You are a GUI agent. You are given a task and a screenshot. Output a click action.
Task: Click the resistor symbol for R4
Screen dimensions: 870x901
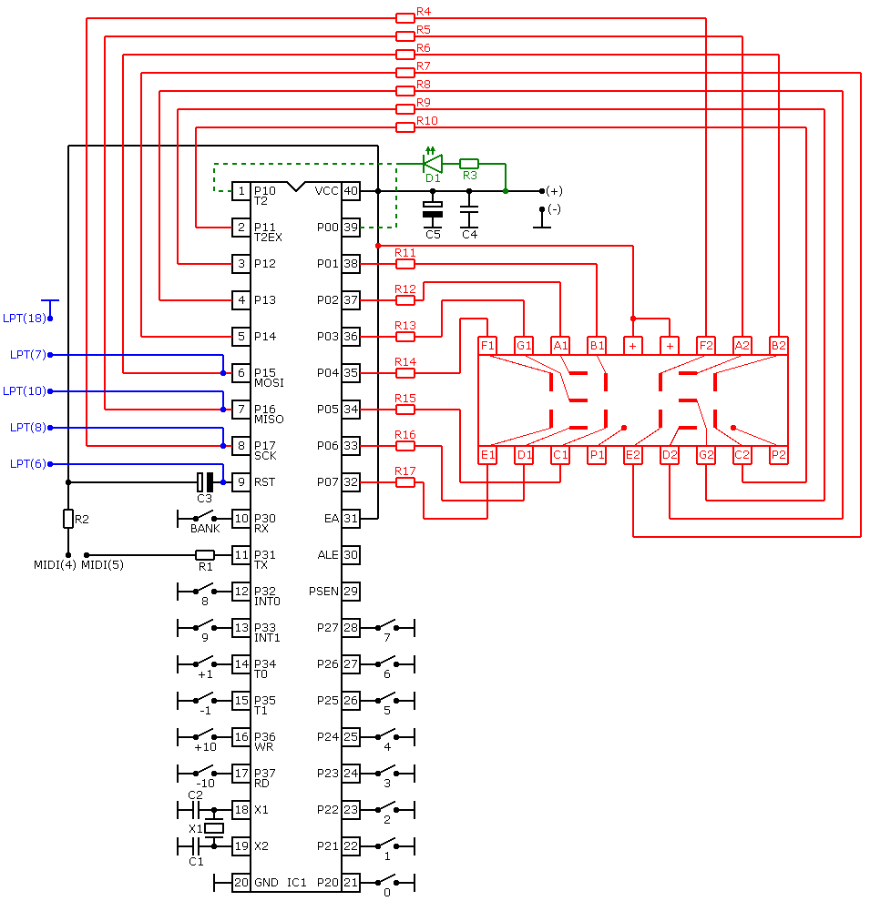coord(404,18)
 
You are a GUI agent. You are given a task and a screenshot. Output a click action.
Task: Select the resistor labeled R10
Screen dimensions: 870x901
coord(404,127)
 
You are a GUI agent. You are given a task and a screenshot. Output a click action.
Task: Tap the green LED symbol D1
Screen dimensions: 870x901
coord(433,163)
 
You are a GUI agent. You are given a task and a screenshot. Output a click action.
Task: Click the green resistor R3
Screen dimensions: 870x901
coord(469,163)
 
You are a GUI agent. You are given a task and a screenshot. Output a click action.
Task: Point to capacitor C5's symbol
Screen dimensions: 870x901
coord(433,209)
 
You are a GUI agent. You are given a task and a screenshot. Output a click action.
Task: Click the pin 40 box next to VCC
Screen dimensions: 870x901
coord(351,191)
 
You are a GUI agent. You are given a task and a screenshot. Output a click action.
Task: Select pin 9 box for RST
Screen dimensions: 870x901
coord(241,482)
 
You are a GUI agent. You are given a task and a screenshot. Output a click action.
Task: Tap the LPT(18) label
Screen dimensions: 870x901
coord(25,318)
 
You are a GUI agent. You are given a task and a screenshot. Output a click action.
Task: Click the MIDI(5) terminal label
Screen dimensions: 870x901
coord(102,565)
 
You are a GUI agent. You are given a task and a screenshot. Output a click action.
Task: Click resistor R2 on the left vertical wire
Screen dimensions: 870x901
coord(68,519)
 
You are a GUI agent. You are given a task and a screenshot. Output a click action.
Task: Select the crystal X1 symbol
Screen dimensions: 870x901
coord(214,828)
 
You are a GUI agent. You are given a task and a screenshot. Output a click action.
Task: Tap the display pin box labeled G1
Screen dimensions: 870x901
coord(524,345)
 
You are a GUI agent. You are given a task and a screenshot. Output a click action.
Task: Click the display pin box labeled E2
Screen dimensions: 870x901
coord(633,455)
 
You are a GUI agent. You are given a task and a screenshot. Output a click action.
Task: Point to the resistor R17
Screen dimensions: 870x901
coord(404,482)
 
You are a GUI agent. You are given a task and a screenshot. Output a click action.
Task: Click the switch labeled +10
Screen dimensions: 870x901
coord(205,735)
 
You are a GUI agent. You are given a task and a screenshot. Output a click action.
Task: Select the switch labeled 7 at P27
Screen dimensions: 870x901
coord(386,626)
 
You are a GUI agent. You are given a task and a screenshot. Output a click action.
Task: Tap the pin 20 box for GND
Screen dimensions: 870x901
coord(241,883)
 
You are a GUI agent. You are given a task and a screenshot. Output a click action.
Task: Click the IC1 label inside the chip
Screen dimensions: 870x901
coord(297,883)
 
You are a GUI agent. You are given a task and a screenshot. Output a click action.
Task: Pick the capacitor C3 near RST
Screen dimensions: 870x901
coord(205,482)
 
